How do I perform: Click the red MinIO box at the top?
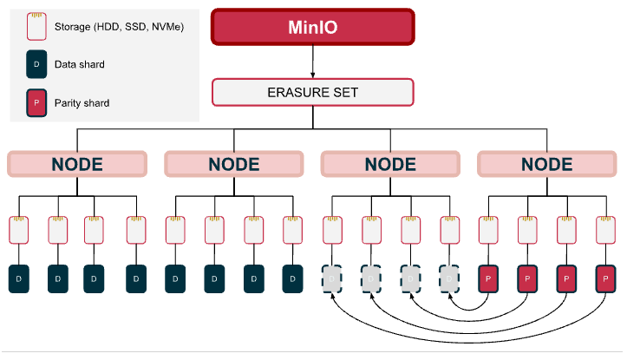click(x=313, y=26)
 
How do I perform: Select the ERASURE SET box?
click(x=313, y=92)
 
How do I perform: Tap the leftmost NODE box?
click(x=77, y=164)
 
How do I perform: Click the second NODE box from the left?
click(x=234, y=164)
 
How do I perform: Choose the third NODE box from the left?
click(x=391, y=164)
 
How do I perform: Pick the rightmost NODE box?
click(x=547, y=164)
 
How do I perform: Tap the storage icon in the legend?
click(x=36, y=26)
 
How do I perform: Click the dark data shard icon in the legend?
click(x=36, y=65)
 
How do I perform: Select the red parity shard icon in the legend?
click(x=36, y=102)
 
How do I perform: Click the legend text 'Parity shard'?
click(x=82, y=103)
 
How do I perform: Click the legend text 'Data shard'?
click(x=80, y=65)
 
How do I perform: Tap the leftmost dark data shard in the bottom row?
click(x=20, y=279)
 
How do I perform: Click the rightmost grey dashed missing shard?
click(x=450, y=279)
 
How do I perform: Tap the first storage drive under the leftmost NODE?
click(x=20, y=230)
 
